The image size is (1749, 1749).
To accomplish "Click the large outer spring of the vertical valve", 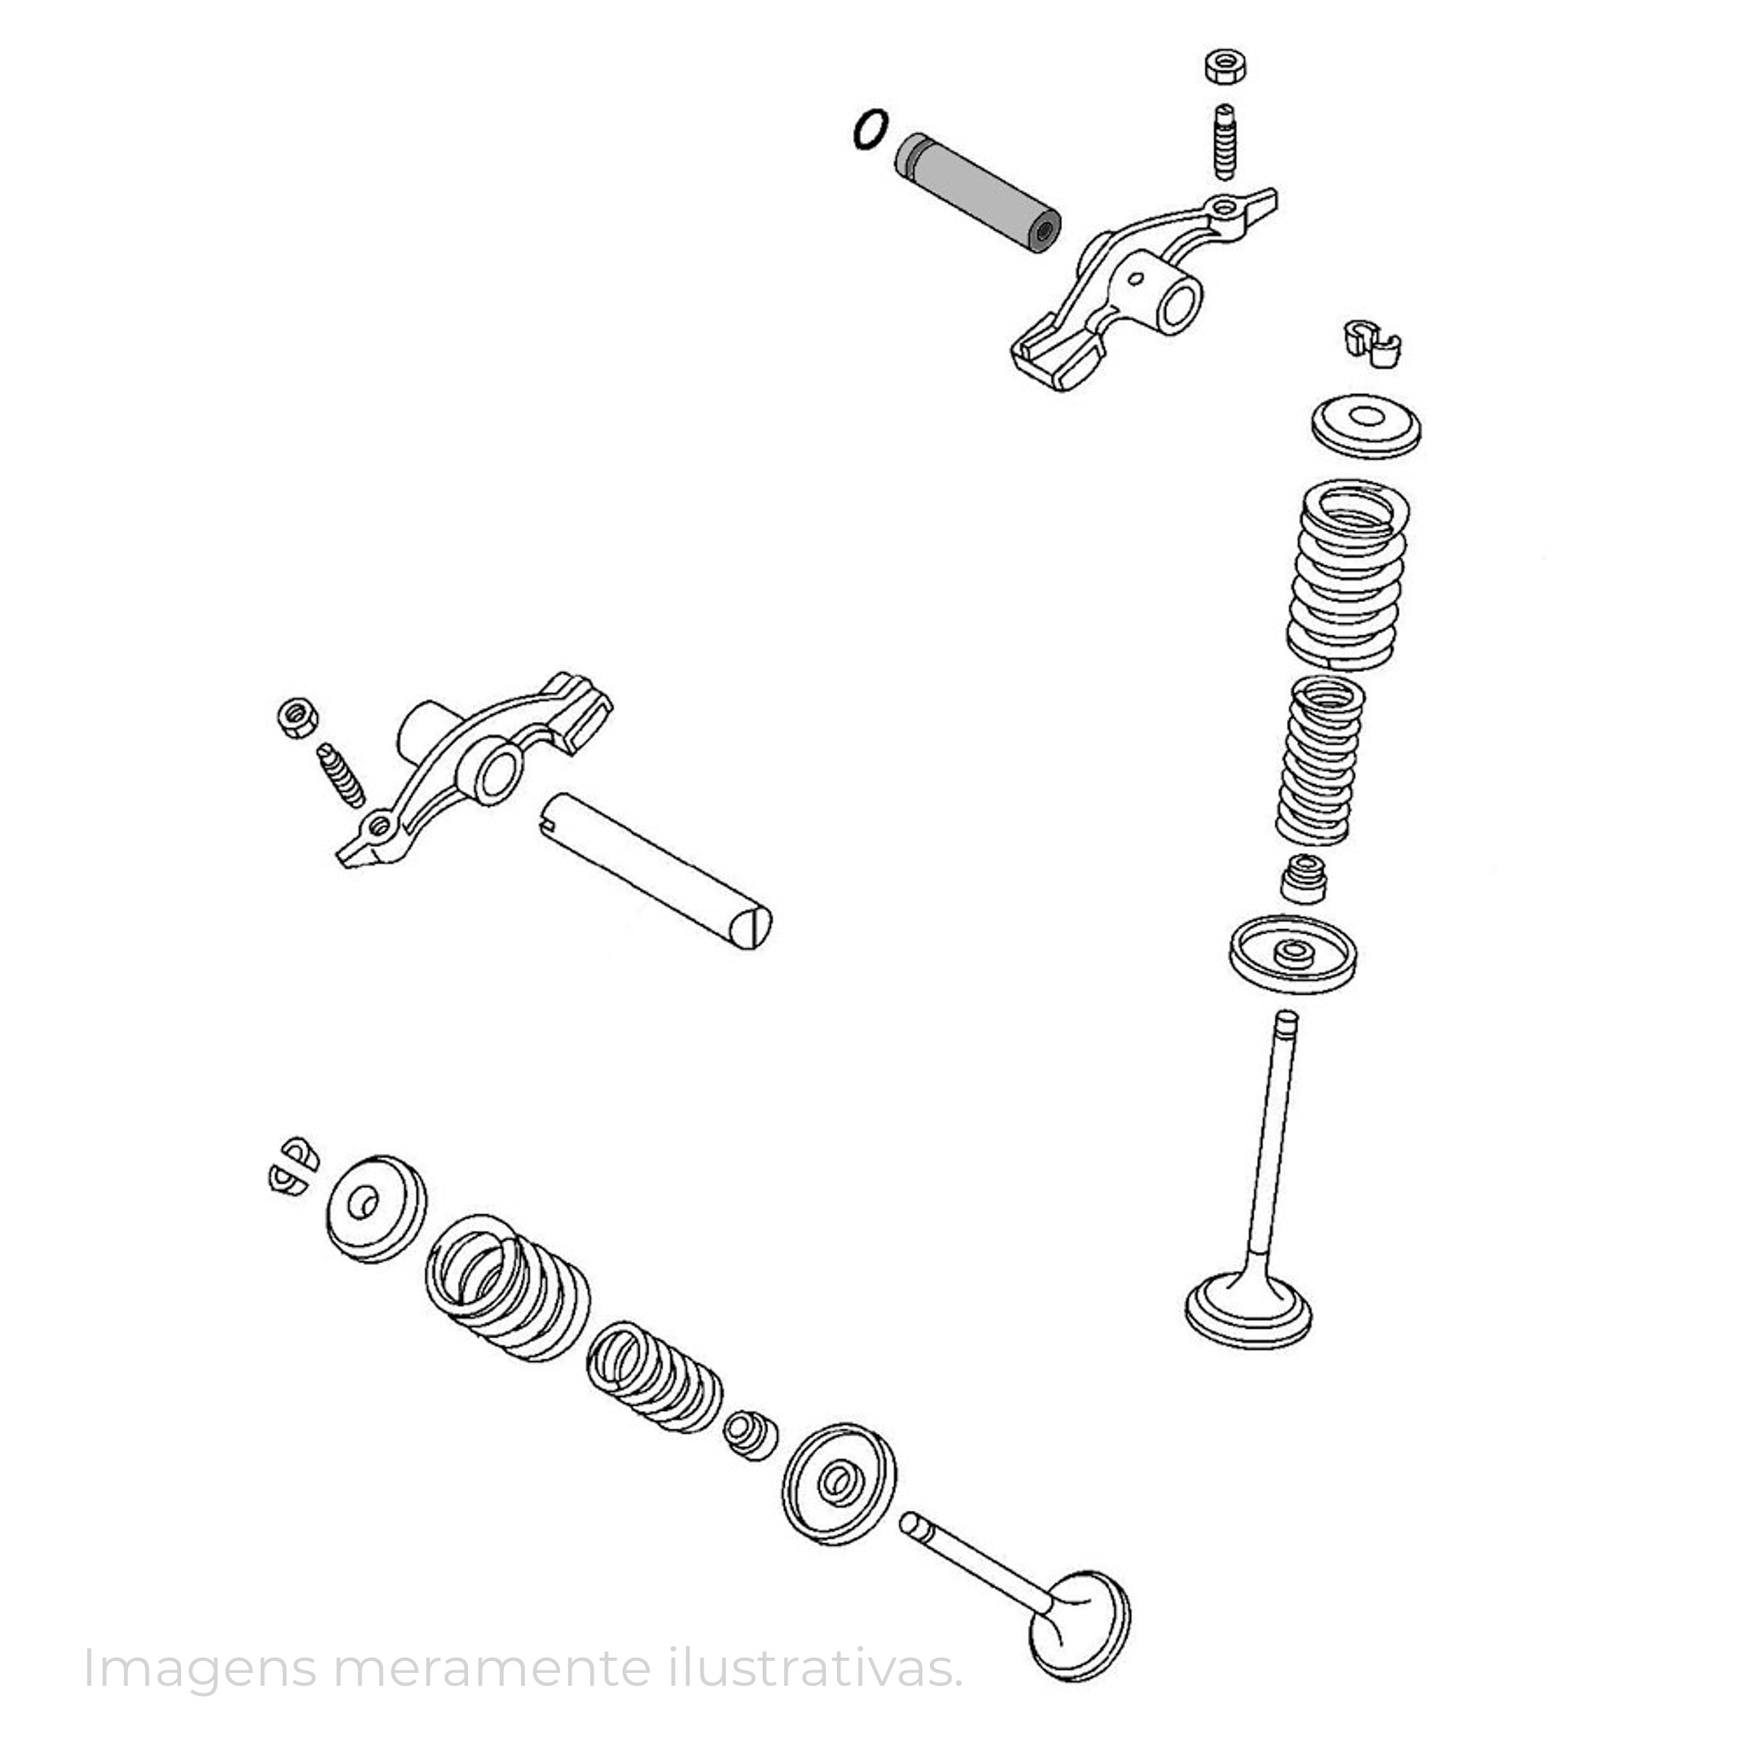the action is pos(1348,574).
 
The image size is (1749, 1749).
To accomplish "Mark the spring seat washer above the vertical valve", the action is pos(1293,955).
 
